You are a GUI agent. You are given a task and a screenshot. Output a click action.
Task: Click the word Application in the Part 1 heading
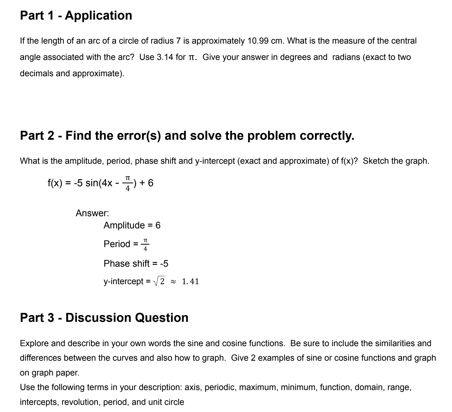pos(98,15)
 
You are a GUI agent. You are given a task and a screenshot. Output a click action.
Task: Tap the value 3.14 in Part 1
pos(165,57)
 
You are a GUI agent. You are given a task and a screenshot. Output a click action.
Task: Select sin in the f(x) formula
pos(92,183)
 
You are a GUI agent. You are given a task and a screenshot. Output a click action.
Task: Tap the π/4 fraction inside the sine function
pos(128,183)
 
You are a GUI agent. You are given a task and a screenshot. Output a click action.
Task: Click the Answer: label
pos(92,213)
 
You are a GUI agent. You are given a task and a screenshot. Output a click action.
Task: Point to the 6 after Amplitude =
pos(158,225)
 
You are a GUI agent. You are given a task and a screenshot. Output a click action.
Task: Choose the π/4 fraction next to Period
pos(145,244)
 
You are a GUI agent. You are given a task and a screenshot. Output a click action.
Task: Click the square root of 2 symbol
pos(160,281)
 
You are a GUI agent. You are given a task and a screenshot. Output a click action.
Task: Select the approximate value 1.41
pos(190,281)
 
